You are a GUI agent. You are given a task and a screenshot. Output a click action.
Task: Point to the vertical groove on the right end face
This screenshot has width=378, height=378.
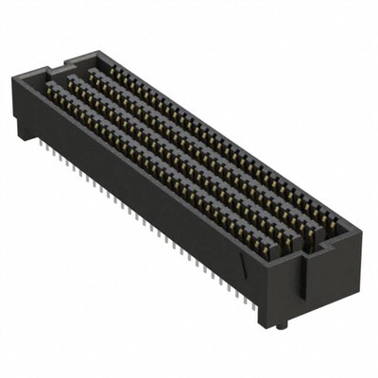304,283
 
